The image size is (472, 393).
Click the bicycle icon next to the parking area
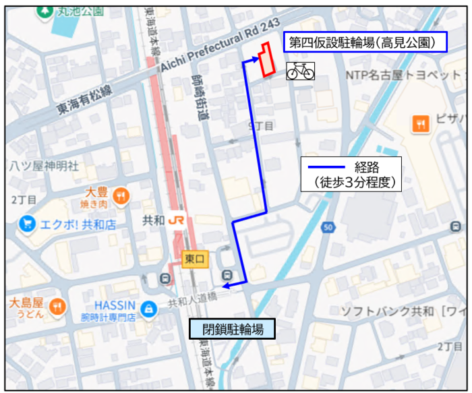click(300, 70)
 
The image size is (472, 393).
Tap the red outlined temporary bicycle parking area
click(267, 59)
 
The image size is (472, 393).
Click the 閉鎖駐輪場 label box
click(232, 329)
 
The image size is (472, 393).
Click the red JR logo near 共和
click(177, 220)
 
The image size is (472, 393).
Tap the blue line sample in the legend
click(326, 167)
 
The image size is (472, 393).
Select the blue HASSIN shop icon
click(149, 309)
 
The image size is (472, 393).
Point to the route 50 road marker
click(328, 228)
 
